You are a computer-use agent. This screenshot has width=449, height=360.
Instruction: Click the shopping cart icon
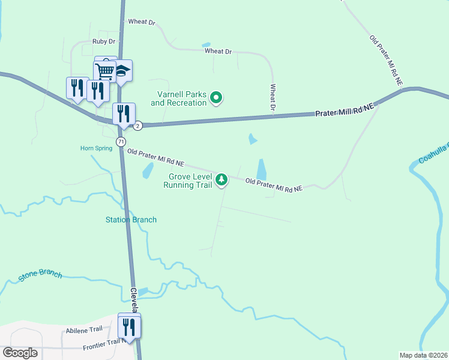(x=106, y=71)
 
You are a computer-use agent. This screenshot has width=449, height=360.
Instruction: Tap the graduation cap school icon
(x=122, y=71)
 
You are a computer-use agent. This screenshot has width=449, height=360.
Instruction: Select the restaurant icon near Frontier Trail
(x=129, y=326)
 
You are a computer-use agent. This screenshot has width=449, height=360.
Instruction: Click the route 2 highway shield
(x=138, y=125)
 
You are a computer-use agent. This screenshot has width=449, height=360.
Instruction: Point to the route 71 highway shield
(x=121, y=142)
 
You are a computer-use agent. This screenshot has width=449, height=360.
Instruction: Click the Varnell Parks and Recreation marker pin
(x=217, y=98)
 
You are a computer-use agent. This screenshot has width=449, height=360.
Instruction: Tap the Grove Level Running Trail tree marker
(x=221, y=179)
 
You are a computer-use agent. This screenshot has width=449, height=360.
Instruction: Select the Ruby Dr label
(x=103, y=41)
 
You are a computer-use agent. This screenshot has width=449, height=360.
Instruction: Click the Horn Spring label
(x=96, y=148)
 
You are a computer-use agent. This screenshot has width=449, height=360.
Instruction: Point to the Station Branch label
(x=131, y=220)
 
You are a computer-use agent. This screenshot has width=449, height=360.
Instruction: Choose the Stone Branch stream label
(x=40, y=275)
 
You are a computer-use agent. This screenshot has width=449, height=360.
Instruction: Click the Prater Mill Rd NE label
(x=345, y=110)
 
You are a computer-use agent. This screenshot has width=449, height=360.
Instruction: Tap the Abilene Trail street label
(x=85, y=330)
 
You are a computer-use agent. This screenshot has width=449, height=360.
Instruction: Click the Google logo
(x=20, y=353)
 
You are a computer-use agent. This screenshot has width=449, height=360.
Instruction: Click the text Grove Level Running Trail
(x=188, y=181)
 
